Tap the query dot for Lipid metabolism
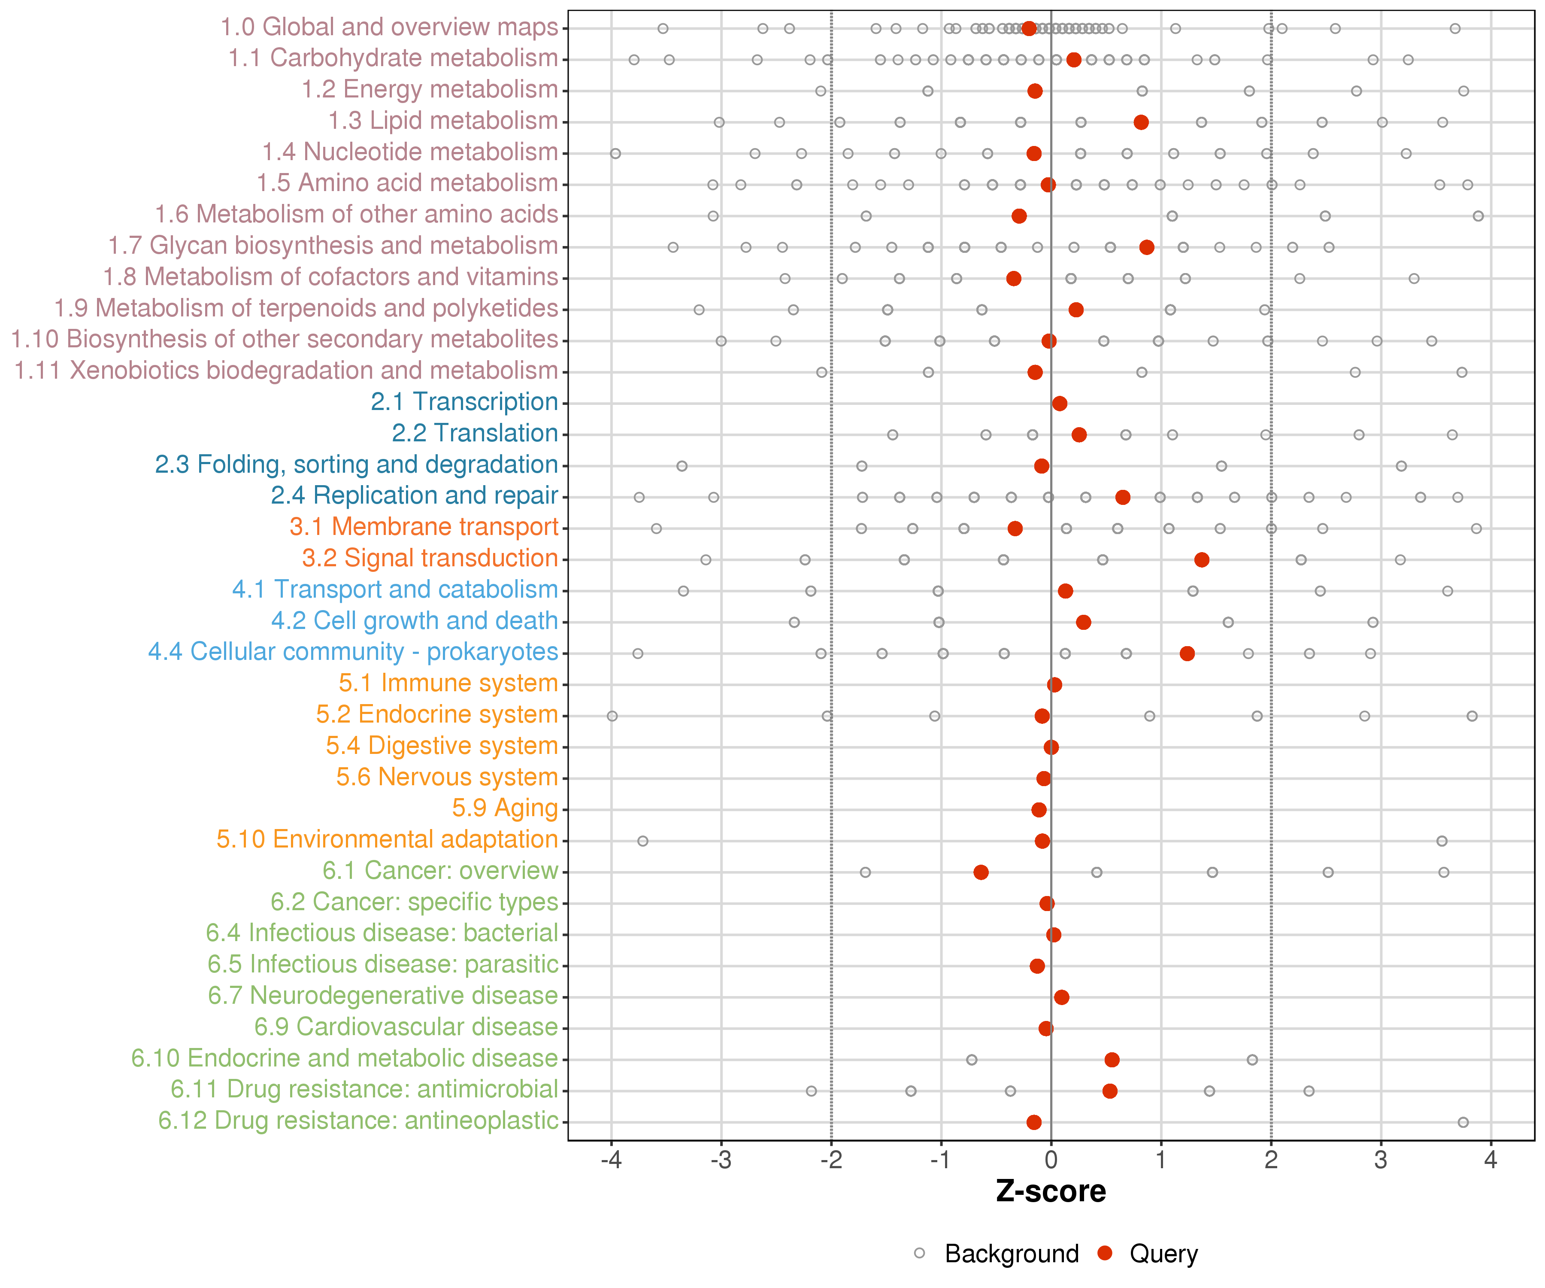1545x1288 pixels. pyautogui.click(x=1141, y=122)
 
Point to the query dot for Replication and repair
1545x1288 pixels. pyautogui.click(x=1123, y=498)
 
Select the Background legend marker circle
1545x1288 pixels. pyautogui.click(x=920, y=1253)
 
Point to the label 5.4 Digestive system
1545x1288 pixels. pyautogui.click(x=442, y=746)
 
